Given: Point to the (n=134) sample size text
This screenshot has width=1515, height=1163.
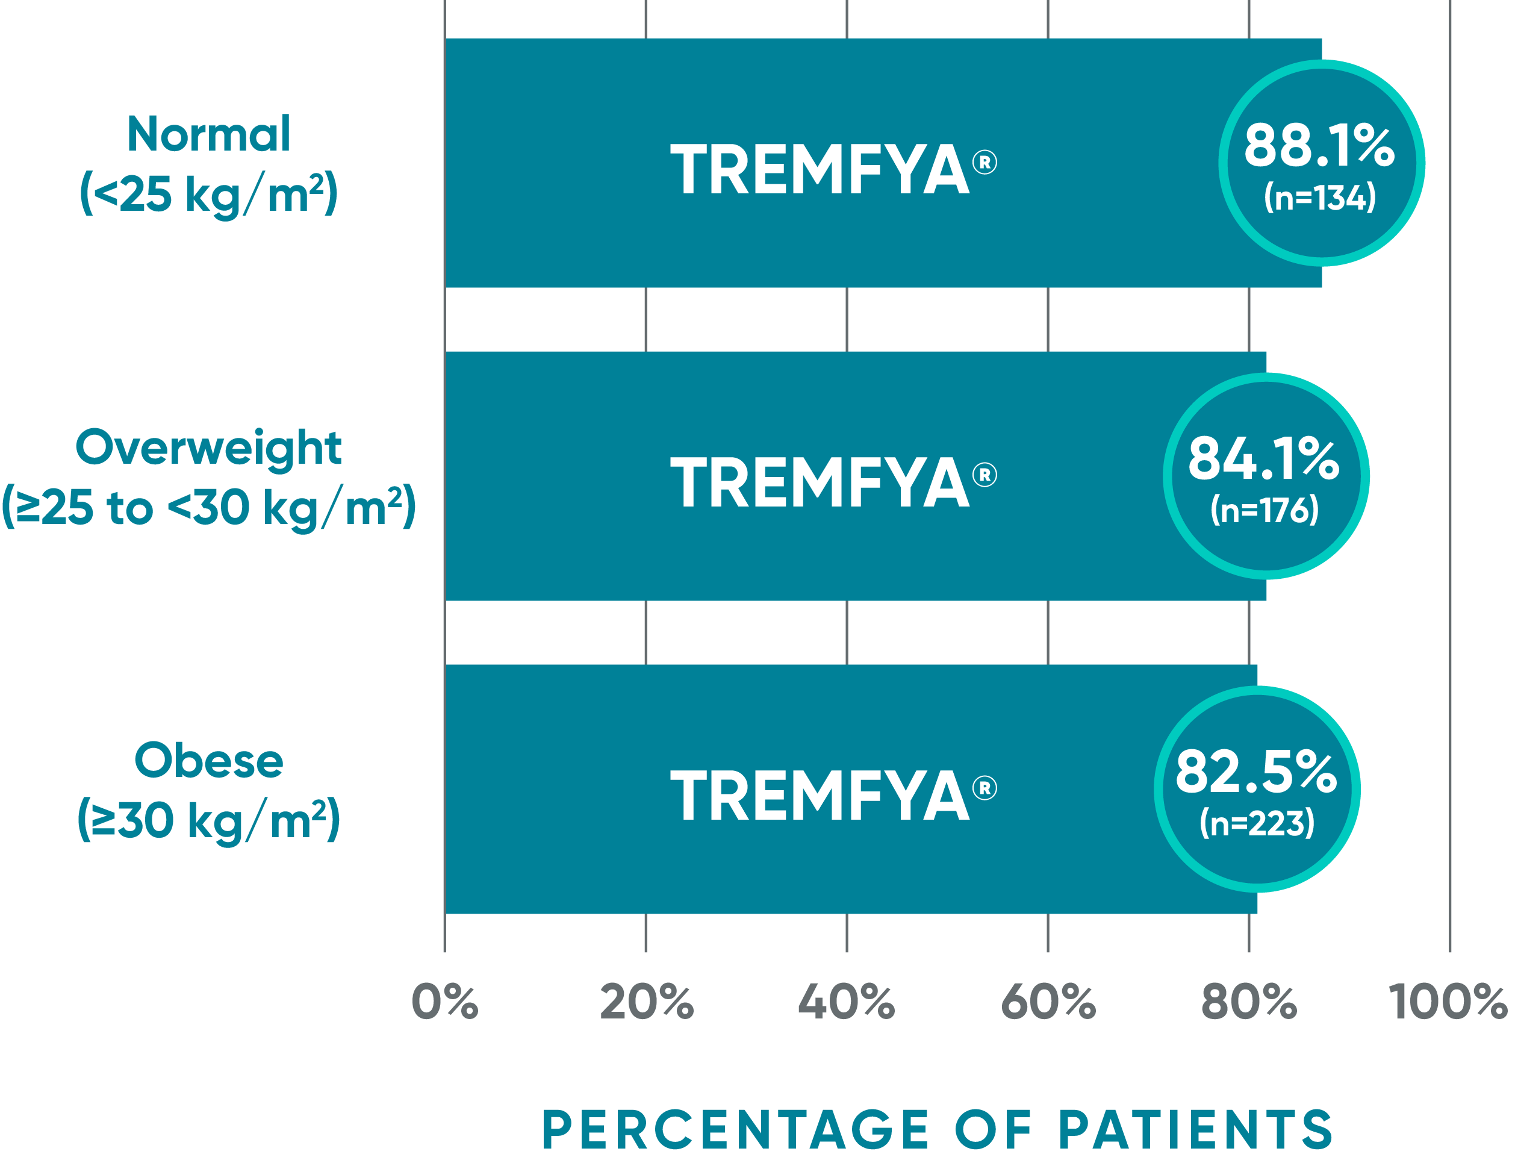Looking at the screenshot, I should [1319, 198].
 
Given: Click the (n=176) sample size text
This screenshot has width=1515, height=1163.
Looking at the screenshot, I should [1264, 510].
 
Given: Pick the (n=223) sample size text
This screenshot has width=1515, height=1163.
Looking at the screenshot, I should [1256, 823].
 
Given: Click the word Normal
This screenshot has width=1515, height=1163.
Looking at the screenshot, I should [208, 134].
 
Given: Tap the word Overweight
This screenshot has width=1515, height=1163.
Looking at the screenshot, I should [208, 448].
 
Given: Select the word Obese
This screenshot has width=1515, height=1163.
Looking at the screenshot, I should [208, 761].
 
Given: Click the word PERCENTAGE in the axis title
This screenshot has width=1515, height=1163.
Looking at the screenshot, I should [736, 1130].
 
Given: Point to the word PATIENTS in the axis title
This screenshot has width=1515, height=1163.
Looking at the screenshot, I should [1195, 1130].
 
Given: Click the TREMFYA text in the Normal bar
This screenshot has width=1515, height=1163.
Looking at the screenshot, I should [820, 170].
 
